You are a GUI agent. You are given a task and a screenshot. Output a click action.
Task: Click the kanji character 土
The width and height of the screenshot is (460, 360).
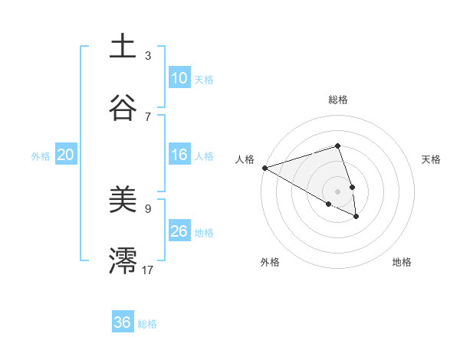pos(123,47)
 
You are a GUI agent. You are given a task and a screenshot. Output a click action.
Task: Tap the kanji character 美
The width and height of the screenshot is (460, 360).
pos(123,200)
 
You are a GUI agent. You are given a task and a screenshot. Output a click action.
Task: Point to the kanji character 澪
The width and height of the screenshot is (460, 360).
pos(123,261)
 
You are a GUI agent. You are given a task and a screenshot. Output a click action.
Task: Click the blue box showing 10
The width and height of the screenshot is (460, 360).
pos(179,78)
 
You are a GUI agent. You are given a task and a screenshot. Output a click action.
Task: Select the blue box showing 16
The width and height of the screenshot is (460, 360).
pos(179,155)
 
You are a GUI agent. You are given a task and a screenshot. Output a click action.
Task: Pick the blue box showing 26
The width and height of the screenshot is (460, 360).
pos(179,231)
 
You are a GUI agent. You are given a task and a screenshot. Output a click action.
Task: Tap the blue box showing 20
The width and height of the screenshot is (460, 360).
pos(66,155)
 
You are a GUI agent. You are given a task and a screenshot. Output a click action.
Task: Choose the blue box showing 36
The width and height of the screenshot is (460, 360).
pos(123,322)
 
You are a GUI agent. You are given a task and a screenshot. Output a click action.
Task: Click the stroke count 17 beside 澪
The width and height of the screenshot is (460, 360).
pos(148,270)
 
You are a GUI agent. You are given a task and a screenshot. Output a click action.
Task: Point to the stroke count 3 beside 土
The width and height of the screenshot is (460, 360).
pos(148,55)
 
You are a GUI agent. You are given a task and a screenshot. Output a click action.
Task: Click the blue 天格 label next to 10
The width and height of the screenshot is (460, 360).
pos(204,79)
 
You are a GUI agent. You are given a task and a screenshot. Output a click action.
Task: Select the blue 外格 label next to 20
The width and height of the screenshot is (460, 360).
pos(41,155)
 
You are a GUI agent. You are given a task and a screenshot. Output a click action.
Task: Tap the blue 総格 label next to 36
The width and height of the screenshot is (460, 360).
pos(147,323)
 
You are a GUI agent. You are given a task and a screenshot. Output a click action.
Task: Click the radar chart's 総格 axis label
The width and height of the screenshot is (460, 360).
pos(337,100)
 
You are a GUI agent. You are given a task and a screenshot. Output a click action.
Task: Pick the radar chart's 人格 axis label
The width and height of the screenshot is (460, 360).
pos(245,159)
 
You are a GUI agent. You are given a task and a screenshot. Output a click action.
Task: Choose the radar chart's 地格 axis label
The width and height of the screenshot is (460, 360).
pos(402,262)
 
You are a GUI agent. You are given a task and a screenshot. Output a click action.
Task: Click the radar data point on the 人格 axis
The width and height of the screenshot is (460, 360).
pos(264,168)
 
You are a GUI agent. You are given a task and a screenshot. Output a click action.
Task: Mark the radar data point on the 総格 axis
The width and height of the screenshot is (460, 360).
pos(337,146)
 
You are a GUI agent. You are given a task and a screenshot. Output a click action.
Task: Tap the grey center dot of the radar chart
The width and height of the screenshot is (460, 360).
pos(337,191)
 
